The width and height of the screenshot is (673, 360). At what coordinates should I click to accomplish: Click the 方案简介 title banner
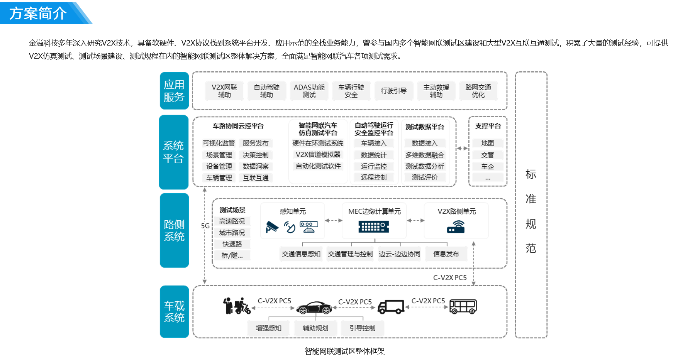point(39,13)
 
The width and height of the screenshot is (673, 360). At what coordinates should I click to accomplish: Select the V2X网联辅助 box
point(224,91)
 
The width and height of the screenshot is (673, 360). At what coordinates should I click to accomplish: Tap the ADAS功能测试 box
point(309,91)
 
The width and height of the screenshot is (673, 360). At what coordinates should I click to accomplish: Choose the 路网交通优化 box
point(478,91)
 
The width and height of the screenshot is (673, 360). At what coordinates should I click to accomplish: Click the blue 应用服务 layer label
point(174,91)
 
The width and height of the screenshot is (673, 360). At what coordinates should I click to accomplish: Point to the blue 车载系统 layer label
point(174,311)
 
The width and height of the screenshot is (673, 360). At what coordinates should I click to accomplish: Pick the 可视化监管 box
point(219,144)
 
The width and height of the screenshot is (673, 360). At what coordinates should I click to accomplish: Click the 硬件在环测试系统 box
point(318,144)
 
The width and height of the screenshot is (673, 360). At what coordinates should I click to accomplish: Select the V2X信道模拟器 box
point(318,155)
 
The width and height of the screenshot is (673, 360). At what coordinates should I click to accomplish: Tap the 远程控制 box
point(374,177)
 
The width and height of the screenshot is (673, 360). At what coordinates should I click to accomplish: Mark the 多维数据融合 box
point(425,155)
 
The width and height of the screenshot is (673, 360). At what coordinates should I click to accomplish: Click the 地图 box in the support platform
point(488,144)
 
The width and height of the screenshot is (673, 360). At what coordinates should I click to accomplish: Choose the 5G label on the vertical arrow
point(205,226)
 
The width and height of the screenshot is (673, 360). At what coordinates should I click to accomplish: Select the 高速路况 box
point(232,221)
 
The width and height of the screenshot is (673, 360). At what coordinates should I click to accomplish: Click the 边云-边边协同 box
point(399,254)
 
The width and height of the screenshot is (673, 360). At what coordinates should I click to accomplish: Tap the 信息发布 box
point(446,254)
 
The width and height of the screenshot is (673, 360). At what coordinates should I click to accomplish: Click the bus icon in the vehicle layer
point(463,307)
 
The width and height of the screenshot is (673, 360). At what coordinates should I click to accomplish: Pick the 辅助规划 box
point(315,328)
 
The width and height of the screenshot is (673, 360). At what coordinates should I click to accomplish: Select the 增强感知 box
point(268,328)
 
